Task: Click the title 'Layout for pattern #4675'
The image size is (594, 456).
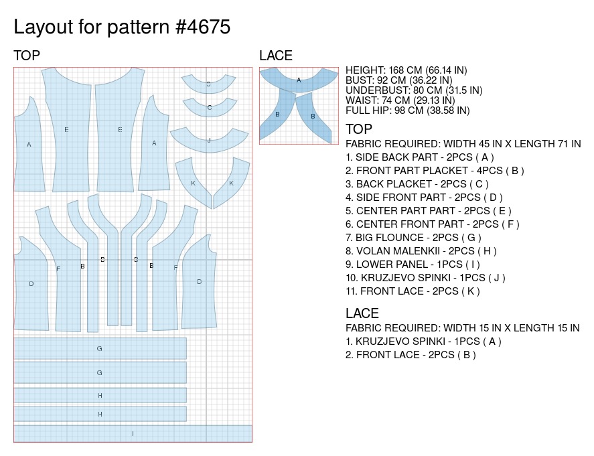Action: click(x=122, y=27)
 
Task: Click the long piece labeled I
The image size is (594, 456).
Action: click(x=133, y=433)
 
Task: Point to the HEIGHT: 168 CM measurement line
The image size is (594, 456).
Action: click(x=406, y=70)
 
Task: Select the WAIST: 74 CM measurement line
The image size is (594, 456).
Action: click(x=400, y=100)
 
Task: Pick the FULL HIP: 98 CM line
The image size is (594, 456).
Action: click(x=407, y=110)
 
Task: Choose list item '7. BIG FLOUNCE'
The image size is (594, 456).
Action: click(x=413, y=238)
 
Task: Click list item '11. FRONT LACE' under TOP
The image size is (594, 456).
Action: click(x=413, y=291)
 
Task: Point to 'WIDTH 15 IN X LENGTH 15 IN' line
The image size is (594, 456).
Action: click(x=462, y=328)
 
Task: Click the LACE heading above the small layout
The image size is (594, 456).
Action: click(x=276, y=56)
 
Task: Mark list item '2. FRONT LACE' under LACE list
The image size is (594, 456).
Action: click(x=411, y=355)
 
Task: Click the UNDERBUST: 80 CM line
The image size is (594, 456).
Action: click(x=414, y=90)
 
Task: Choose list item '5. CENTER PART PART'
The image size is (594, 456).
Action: click(x=429, y=211)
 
